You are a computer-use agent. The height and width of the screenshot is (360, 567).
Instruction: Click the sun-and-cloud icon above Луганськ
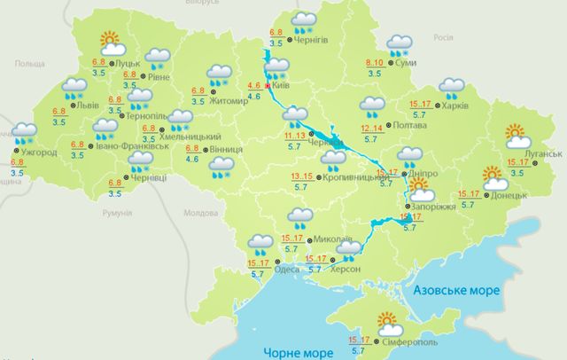pyautogui.click(x=517, y=136)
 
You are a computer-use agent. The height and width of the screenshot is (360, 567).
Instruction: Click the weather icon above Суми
pyautogui.click(x=400, y=42)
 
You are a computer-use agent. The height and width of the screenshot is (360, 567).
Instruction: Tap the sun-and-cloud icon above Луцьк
pyautogui.click(x=110, y=42)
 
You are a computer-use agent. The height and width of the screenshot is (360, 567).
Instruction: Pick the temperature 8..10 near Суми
pyautogui.click(x=376, y=62)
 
